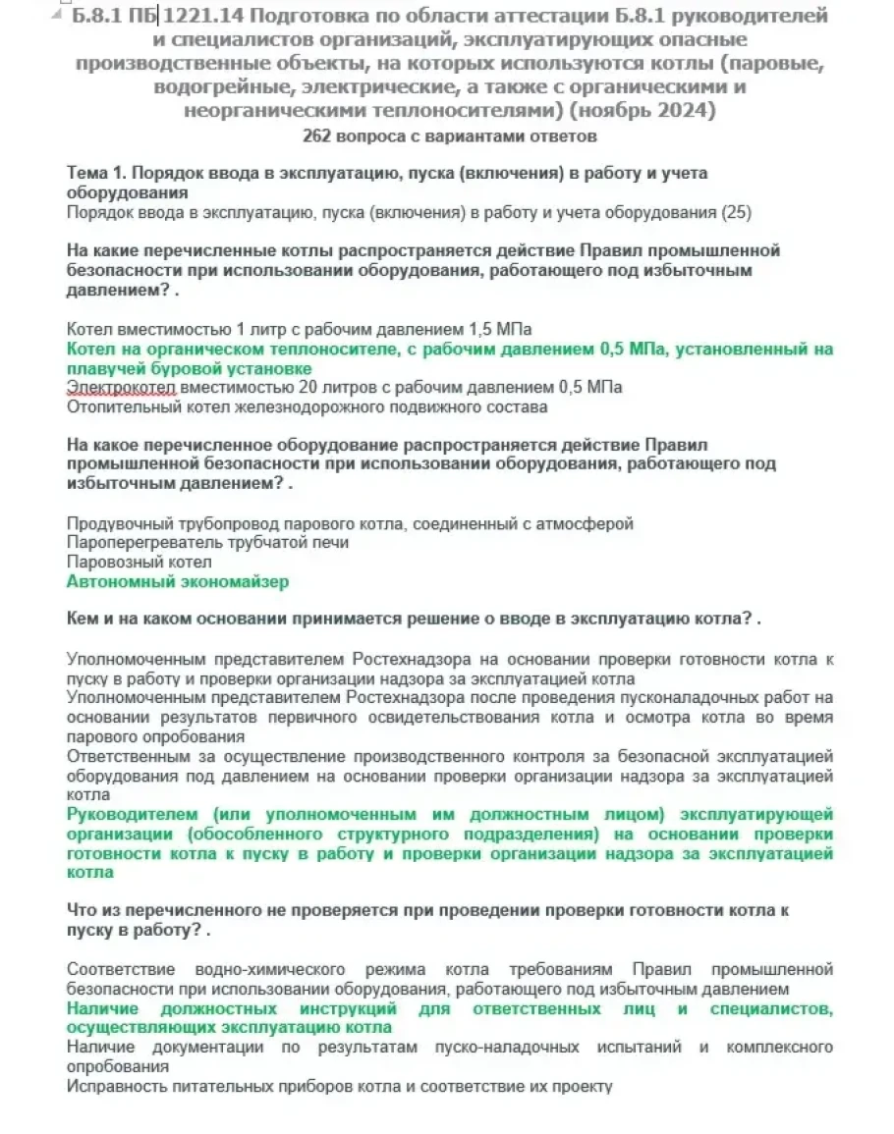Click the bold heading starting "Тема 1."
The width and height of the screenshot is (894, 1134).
pyautogui.click(x=386, y=173)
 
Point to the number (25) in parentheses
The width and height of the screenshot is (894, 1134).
pyautogui.click(x=736, y=212)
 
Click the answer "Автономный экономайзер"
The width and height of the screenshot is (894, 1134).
pyautogui.click(x=178, y=581)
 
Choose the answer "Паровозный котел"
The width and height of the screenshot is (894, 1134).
pyautogui.click(x=139, y=562)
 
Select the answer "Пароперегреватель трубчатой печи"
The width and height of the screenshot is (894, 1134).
pyautogui.click(x=207, y=542)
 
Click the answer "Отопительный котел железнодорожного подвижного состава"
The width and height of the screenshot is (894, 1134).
pyautogui.click(x=307, y=406)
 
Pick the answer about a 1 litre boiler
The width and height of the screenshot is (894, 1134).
pyautogui.click(x=300, y=328)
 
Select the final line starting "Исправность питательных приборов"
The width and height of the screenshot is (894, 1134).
pyautogui.click(x=339, y=1086)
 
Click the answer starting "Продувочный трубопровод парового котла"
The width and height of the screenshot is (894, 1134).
pyautogui.click(x=350, y=523)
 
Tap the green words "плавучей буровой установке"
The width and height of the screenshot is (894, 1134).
pyautogui.click(x=189, y=368)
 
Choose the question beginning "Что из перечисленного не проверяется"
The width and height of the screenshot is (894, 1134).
pyautogui.click(x=428, y=910)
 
